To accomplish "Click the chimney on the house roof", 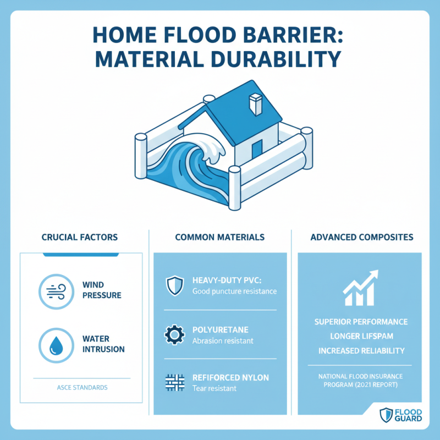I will tap(255, 103).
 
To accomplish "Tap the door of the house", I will tap(256, 148).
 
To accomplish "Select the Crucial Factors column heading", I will tap(80, 237).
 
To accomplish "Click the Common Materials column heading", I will tap(219, 237).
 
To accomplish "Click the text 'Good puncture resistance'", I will tap(234, 291).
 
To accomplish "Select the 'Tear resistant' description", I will tap(215, 388).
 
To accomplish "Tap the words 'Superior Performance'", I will tap(360, 321).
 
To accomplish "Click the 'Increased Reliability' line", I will tap(360, 350).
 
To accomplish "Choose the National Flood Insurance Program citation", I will tap(360, 380).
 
